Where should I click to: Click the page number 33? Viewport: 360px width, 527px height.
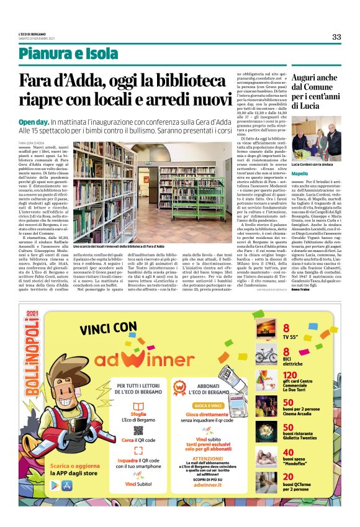click(336, 37)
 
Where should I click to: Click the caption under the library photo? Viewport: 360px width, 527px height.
click(118, 246)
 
